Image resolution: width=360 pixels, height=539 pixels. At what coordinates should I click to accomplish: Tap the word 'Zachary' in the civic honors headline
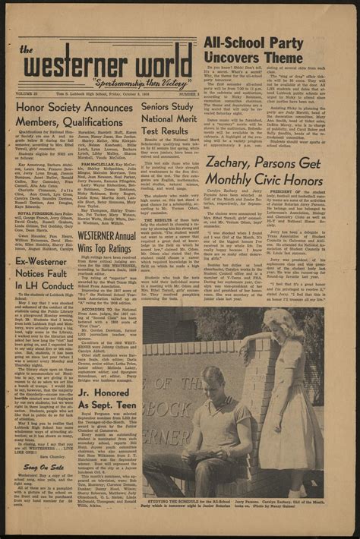235,161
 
